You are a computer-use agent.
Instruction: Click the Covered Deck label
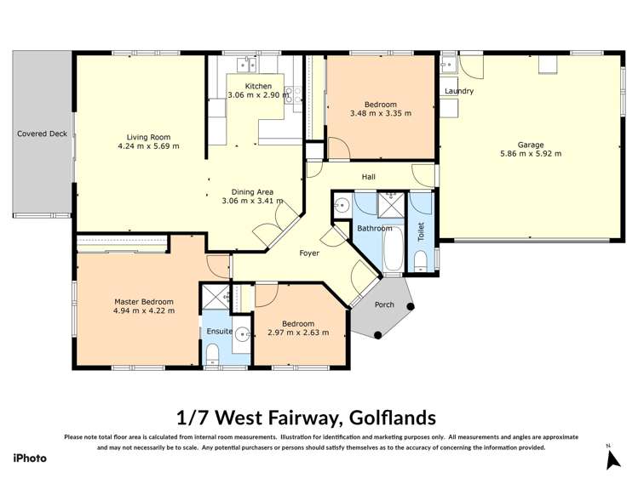(42, 134)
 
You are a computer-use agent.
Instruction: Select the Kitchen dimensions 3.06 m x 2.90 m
(258, 96)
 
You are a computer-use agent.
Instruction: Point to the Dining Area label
(252, 191)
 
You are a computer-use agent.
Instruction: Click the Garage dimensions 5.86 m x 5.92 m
(530, 155)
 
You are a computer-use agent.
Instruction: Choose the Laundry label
(458, 91)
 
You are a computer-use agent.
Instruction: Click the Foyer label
(309, 253)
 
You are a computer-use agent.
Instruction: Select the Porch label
(384, 304)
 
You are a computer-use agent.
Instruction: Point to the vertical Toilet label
(421, 231)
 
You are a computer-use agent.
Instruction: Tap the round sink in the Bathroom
(341, 205)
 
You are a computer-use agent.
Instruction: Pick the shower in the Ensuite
(210, 297)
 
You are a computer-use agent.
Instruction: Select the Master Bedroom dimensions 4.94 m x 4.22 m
(145, 311)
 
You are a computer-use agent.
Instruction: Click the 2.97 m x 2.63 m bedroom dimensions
(298, 333)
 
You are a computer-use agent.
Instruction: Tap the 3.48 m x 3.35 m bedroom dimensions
(380, 113)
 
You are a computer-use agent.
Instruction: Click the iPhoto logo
(29, 458)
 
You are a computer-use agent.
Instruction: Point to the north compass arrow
(611, 458)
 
